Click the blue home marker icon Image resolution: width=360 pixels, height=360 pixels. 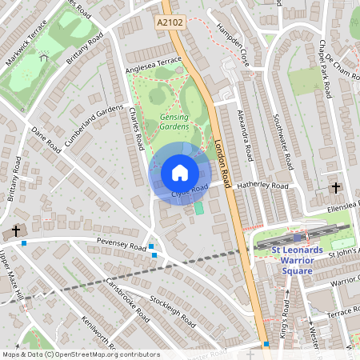point(180,173)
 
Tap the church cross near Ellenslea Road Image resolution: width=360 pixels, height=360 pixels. point(335,189)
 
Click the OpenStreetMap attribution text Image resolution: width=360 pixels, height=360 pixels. point(81,354)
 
